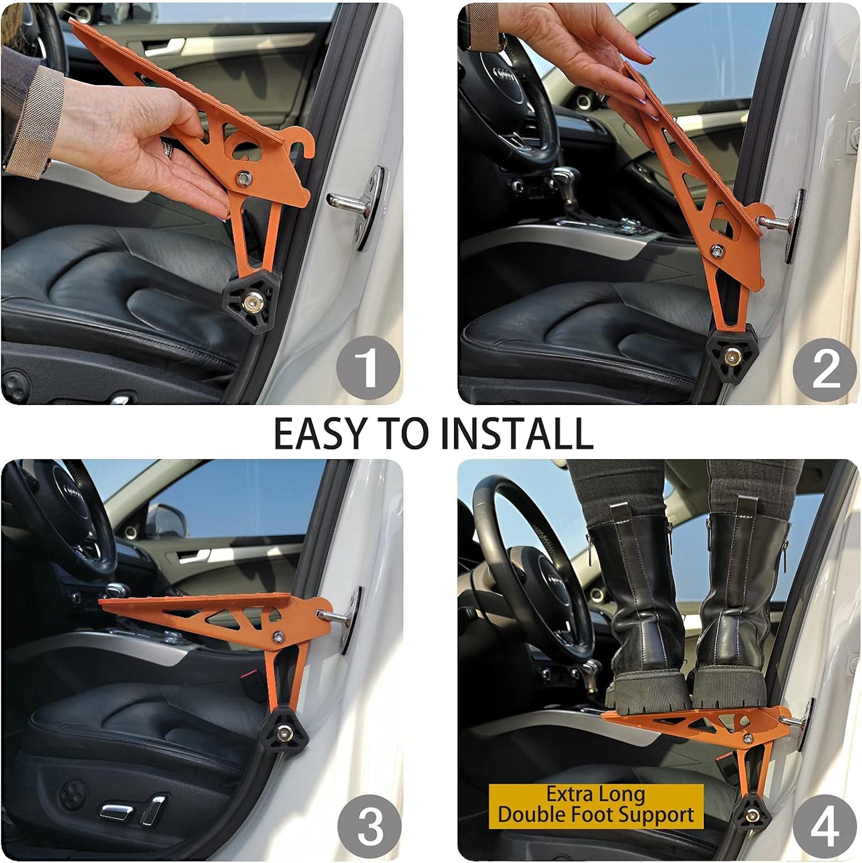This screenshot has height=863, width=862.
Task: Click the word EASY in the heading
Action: (320, 434)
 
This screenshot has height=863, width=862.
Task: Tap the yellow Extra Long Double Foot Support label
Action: (596, 805)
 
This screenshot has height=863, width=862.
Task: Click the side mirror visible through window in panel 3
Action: (168, 519)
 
